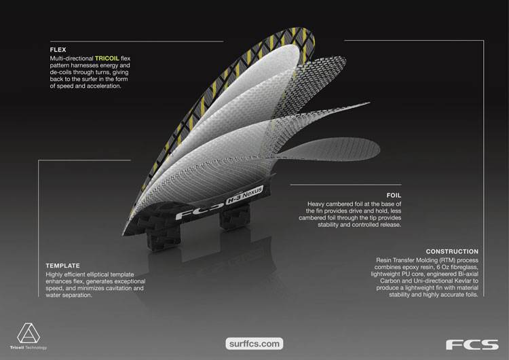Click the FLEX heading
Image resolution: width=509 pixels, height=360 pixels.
58,50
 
